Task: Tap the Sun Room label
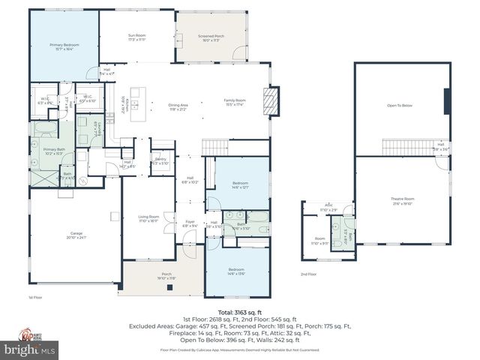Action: coord(136,37)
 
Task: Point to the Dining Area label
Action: coord(178,106)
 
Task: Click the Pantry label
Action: coord(160,161)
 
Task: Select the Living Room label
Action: coord(148,219)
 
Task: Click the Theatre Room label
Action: coord(403,200)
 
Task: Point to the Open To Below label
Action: coord(400,106)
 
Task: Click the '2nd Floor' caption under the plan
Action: coord(308,274)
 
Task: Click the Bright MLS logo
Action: coord(30,349)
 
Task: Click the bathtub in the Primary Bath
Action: coord(40,139)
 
